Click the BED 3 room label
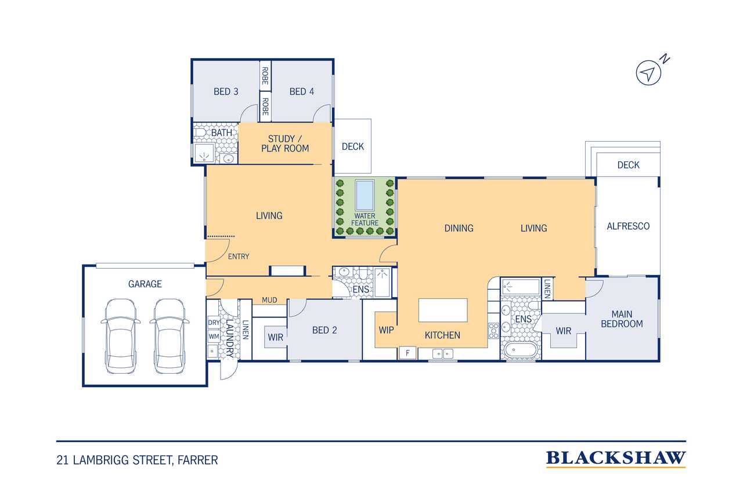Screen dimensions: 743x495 point(226,92)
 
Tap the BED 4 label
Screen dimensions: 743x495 point(301,92)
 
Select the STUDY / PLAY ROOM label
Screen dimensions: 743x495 point(285,143)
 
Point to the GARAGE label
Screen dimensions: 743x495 point(145,284)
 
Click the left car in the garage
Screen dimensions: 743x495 point(120,336)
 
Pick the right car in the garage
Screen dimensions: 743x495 point(169,336)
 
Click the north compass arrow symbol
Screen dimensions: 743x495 point(648,73)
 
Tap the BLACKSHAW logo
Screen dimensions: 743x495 point(616,458)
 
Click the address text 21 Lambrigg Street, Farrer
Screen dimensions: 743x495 point(138,460)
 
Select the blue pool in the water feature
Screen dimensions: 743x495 point(365,196)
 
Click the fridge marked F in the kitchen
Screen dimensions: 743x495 point(407,353)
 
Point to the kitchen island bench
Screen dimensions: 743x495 point(443,310)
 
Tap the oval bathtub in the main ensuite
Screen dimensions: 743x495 point(521,350)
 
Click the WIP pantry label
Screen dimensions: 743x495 point(387,330)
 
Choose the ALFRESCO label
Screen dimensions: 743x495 point(628,226)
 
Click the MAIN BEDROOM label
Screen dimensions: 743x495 point(622,319)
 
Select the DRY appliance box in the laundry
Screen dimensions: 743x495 point(214,323)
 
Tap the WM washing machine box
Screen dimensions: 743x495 point(214,337)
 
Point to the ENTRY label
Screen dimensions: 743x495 point(239,256)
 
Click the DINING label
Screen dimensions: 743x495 point(459,228)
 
